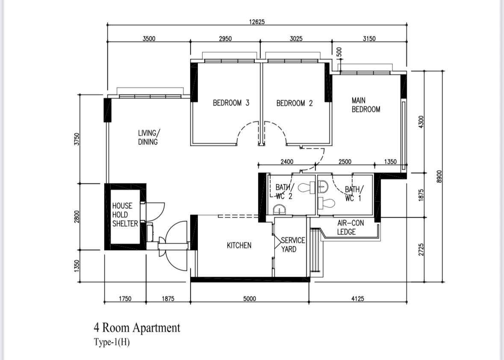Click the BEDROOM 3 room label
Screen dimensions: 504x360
(231, 103)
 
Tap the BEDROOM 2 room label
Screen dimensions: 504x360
(295, 103)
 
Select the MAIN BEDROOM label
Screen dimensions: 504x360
(366, 105)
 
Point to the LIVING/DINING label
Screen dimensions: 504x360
(149, 138)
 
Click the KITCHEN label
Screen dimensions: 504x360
(239, 245)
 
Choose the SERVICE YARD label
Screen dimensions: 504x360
(293, 245)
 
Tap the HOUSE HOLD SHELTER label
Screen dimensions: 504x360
(125, 215)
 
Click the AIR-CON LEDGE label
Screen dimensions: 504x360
(351, 227)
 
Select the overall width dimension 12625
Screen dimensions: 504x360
(257, 22)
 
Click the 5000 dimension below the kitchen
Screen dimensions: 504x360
(249, 298)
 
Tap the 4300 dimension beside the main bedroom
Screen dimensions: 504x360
(421, 121)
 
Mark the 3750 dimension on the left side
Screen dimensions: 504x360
(77, 139)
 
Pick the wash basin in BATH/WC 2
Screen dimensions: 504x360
(279, 210)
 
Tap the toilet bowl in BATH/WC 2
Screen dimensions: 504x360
(306, 188)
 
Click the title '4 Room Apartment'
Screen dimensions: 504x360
(137, 328)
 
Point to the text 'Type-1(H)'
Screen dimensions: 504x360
(112, 342)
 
